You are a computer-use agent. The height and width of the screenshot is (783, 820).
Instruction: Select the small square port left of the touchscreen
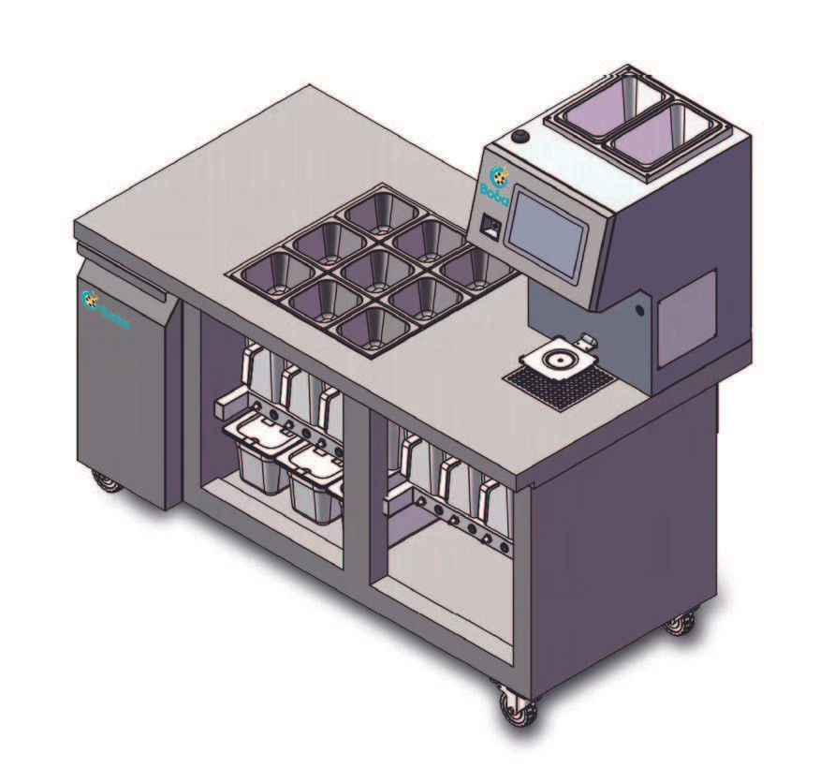coord(488,225)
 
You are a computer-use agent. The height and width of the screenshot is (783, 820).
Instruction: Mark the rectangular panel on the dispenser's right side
coord(687,318)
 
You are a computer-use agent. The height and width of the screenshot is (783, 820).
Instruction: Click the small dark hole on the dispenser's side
coord(640,307)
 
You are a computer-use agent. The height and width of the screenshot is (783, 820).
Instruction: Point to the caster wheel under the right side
coord(681,621)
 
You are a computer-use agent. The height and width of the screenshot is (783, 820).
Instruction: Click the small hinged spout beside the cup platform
coord(585,340)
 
